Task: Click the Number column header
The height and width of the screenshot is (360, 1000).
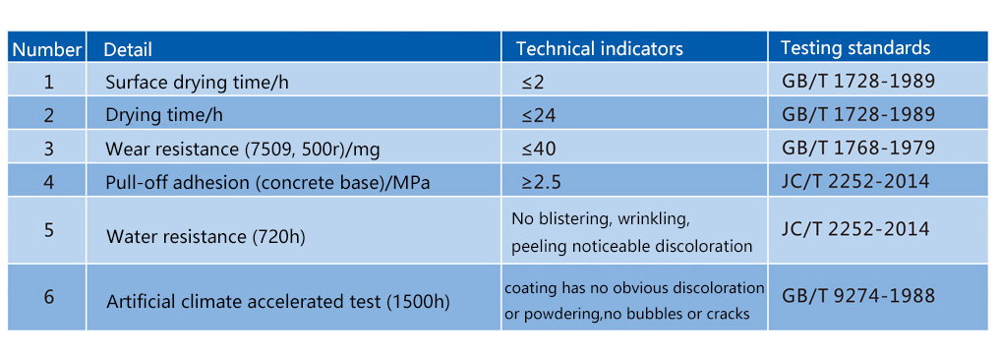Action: point(47,49)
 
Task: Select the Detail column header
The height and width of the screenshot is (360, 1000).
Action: point(128,49)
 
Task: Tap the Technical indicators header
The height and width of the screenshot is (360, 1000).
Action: point(600,49)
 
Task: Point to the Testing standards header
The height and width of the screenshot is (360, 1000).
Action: point(855,48)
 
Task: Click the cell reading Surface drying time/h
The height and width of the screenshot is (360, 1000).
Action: point(197,83)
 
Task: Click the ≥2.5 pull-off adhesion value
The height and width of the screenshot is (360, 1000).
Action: point(543,182)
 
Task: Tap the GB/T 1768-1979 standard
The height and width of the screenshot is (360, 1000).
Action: point(858,149)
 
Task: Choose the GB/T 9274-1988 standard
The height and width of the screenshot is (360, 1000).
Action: point(858,295)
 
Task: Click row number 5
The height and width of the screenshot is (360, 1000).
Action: point(48,230)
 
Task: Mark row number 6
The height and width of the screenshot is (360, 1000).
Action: point(48,298)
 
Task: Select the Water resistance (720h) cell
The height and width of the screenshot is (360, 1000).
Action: point(206,237)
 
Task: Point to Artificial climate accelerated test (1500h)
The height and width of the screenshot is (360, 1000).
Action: point(277,301)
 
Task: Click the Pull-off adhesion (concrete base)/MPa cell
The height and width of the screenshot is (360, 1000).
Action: point(267,183)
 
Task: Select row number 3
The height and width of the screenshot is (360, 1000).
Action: point(48,149)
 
